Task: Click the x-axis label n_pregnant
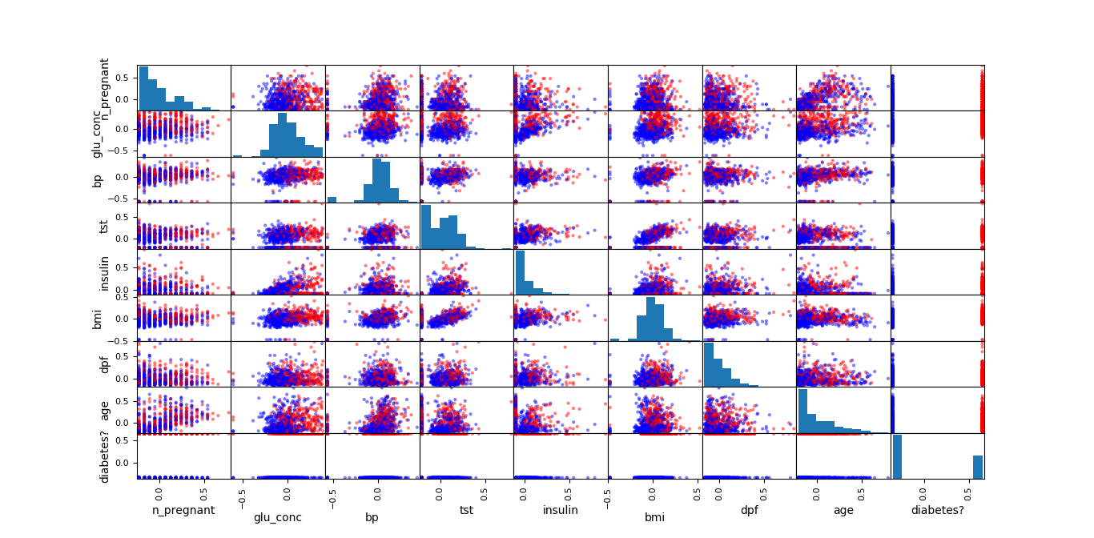click(x=183, y=510)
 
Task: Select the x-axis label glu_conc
click(x=278, y=517)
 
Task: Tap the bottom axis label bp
click(x=372, y=517)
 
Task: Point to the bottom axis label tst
click(x=466, y=510)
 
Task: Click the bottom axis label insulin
click(x=561, y=510)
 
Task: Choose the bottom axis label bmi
click(x=654, y=517)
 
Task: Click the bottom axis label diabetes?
click(x=938, y=510)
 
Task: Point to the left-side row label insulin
click(x=104, y=271)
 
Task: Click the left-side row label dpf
click(x=104, y=363)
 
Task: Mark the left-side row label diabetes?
click(x=104, y=456)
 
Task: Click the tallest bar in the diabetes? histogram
click(x=898, y=457)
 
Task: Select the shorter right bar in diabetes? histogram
click(x=978, y=468)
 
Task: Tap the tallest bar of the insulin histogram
click(x=520, y=272)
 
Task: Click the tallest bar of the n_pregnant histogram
click(x=143, y=88)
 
